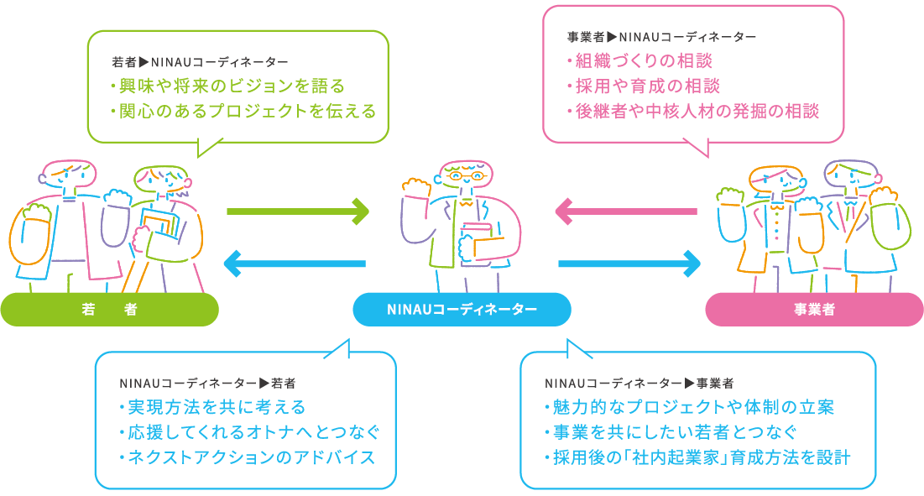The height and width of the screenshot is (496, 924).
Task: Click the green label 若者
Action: pos(109,310)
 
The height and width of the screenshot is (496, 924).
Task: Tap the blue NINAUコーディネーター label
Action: pos(462,310)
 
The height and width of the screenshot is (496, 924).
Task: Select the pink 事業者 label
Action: pos(813,310)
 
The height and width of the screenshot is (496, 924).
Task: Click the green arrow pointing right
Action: pos(297,211)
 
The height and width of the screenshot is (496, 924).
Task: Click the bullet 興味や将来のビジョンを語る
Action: pos(227,86)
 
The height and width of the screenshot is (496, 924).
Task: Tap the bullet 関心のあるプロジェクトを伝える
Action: pos(243,111)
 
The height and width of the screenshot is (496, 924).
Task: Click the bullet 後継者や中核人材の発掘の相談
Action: pos(693,111)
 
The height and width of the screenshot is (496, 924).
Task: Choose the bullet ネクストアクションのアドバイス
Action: pos(247,458)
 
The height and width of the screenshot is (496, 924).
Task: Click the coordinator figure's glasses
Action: pos(464,177)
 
